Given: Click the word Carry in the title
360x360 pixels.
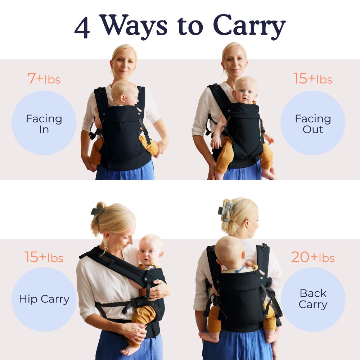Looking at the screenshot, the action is (x=249, y=27).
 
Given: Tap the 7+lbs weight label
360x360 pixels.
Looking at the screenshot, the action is (x=44, y=78).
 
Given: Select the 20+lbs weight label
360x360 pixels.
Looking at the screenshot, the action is (x=313, y=257).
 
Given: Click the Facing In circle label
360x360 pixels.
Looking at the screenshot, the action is (x=44, y=123).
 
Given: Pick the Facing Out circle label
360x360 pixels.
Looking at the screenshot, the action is (x=313, y=123).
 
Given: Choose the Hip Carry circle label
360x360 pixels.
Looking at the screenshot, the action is (x=44, y=300).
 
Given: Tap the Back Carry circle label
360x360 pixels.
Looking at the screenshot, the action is (x=313, y=300).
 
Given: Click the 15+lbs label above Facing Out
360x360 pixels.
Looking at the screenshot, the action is (x=313, y=78).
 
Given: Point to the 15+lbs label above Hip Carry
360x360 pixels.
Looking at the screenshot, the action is (x=44, y=257).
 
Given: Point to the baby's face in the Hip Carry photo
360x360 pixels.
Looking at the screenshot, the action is (x=149, y=254).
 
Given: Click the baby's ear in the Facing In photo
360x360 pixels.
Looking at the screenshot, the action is (x=123, y=98).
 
